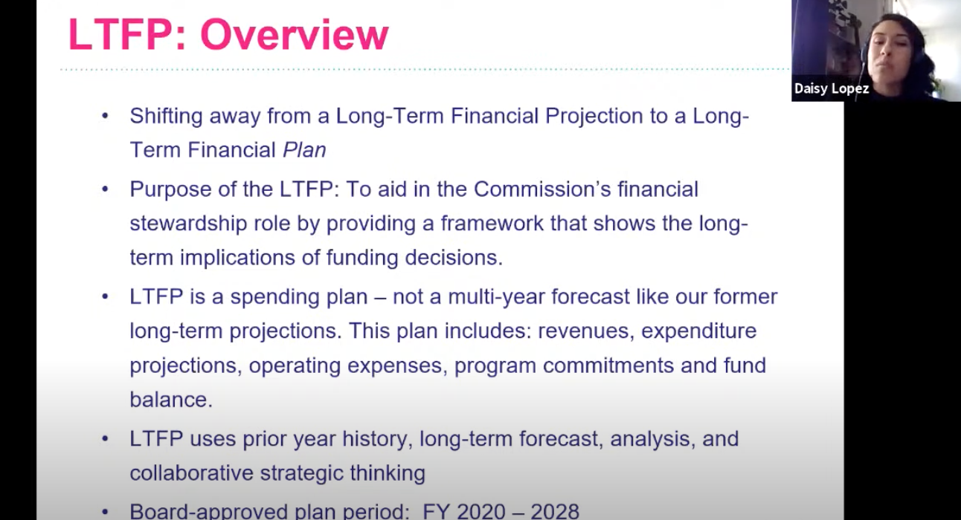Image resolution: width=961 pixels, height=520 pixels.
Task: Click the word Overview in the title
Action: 295,35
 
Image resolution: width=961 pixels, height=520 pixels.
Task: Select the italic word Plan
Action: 304,151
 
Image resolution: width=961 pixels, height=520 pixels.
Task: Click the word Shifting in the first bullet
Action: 166,117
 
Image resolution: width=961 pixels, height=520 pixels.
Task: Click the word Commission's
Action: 542,189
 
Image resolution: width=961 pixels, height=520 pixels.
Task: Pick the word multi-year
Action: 496,297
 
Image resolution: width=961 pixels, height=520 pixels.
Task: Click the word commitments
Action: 608,365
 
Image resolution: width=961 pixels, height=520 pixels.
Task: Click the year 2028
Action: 555,511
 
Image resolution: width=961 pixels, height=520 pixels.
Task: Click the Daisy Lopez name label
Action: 832,88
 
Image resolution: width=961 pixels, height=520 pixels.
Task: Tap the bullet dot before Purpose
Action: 105,189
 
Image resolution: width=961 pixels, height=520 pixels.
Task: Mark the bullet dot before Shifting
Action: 105,116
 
